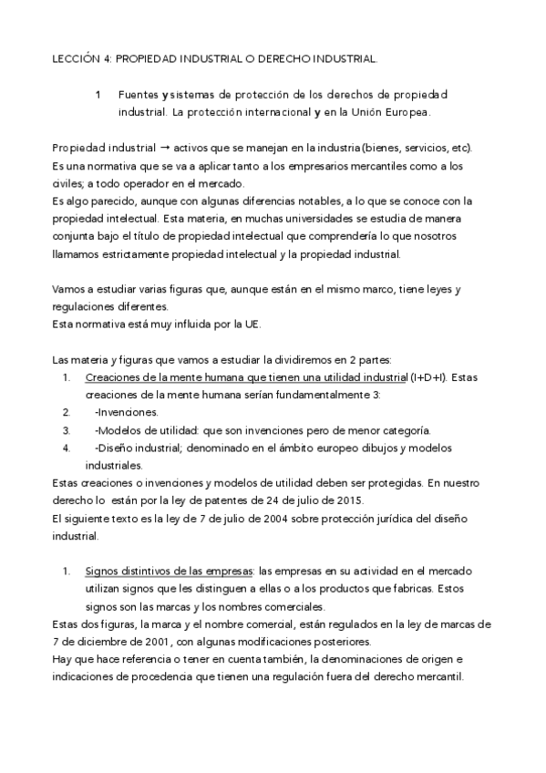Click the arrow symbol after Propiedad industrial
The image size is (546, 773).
(166, 149)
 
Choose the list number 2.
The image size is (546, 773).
(67, 412)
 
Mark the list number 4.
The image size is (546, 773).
(67, 448)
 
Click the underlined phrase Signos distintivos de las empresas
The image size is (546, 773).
(170, 572)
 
